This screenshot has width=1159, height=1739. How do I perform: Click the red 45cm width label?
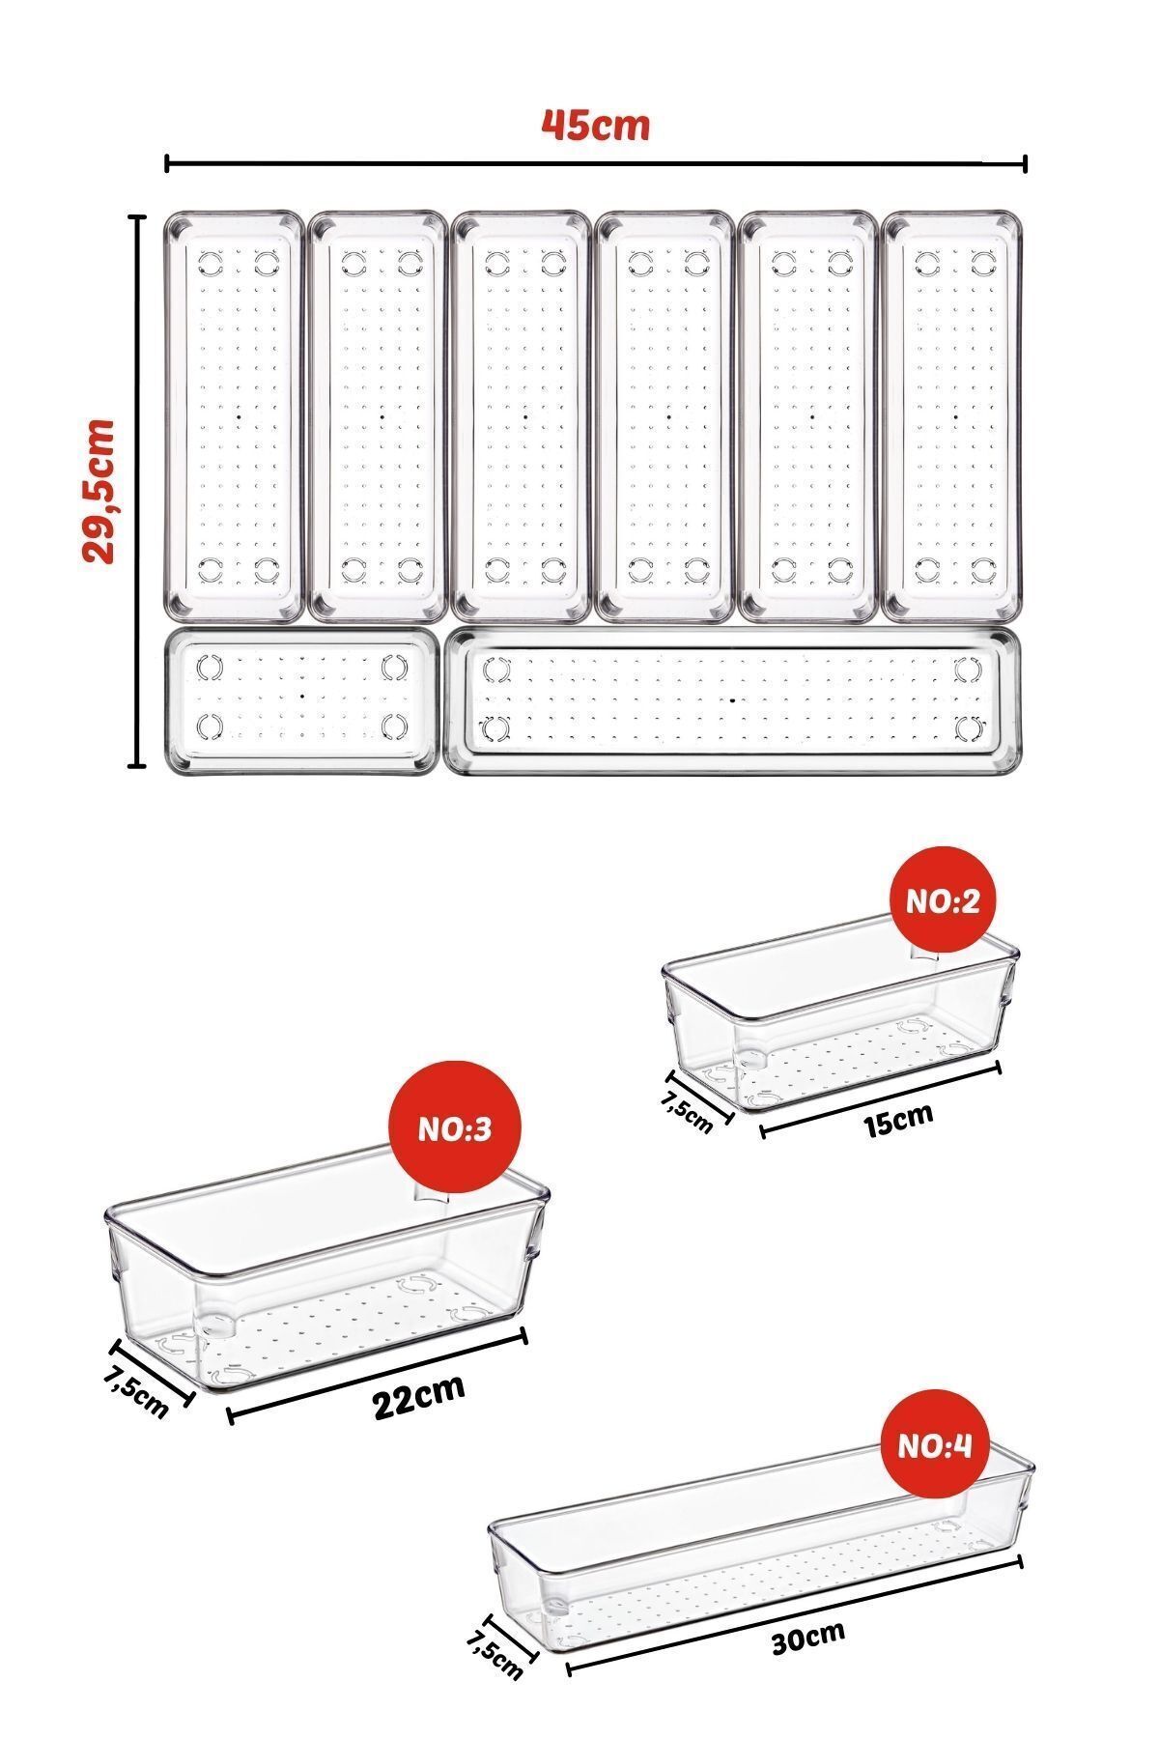[595, 126]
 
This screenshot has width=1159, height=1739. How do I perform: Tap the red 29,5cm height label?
[99, 491]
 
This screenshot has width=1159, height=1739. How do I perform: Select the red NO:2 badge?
[942, 900]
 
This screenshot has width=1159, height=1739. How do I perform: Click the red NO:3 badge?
[455, 1128]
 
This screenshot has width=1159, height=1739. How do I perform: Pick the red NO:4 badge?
[935, 1445]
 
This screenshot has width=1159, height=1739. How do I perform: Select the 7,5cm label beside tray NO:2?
[687, 1111]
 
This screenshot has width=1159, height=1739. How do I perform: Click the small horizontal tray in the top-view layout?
[301, 699]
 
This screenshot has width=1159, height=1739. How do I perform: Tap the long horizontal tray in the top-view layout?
[733, 700]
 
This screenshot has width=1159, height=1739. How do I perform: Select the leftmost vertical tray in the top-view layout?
[234, 415]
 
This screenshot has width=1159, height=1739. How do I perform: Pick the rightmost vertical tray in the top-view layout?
[951, 415]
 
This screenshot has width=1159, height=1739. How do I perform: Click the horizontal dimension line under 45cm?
[596, 163]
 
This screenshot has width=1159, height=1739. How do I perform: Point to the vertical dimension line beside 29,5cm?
[137, 492]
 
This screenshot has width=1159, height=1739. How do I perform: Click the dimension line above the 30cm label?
[794, 1612]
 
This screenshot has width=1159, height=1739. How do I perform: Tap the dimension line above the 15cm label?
[881, 1098]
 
